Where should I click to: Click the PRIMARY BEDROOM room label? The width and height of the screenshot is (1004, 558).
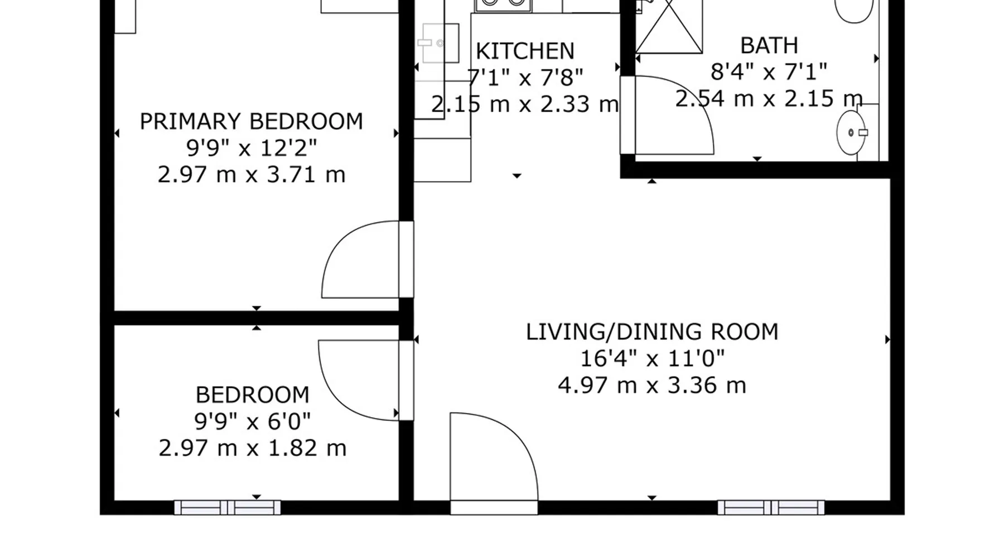pyautogui.click(x=251, y=122)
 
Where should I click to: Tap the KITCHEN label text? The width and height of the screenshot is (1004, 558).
pyautogui.click(x=525, y=51)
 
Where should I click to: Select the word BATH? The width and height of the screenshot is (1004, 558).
pyautogui.click(x=769, y=46)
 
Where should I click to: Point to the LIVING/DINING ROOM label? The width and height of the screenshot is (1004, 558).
pyautogui.click(x=652, y=332)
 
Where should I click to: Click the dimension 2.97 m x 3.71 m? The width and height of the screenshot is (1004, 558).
pyautogui.click(x=252, y=175)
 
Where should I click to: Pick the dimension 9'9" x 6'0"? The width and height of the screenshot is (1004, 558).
pyautogui.click(x=252, y=421)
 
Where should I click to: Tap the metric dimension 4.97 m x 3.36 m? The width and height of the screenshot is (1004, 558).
pyautogui.click(x=652, y=386)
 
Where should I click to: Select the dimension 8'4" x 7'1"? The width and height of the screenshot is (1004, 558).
pyautogui.click(x=769, y=72)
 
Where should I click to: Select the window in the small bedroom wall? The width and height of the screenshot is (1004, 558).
pyautogui.click(x=228, y=508)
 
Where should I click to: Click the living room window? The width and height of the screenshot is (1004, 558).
pyautogui.click(x=771, y=508)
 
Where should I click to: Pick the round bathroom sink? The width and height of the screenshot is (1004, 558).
pyautogui.click(x=851, y=133)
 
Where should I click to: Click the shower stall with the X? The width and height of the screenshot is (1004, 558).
pyautogui.click(x=669, y=27)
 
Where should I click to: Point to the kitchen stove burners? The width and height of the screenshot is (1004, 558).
pyautogui.click(x=503, y=4)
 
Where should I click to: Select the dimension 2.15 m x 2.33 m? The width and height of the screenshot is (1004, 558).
pyautogui.click(x=525, y=104)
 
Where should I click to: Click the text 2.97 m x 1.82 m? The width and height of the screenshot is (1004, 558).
pyautogui.click(x=253, y=448)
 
